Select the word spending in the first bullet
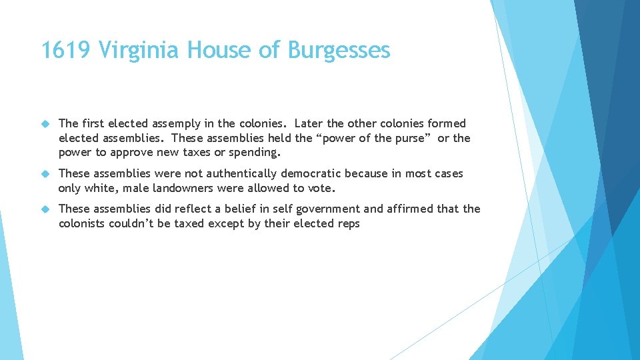pyautogui.click(x=259, y=153)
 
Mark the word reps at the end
pyautogui.click(x=348, y=224)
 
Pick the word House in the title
pyautogui.click(x=214, y=50)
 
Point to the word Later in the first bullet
pyautogui.click(x=309, y=123)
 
